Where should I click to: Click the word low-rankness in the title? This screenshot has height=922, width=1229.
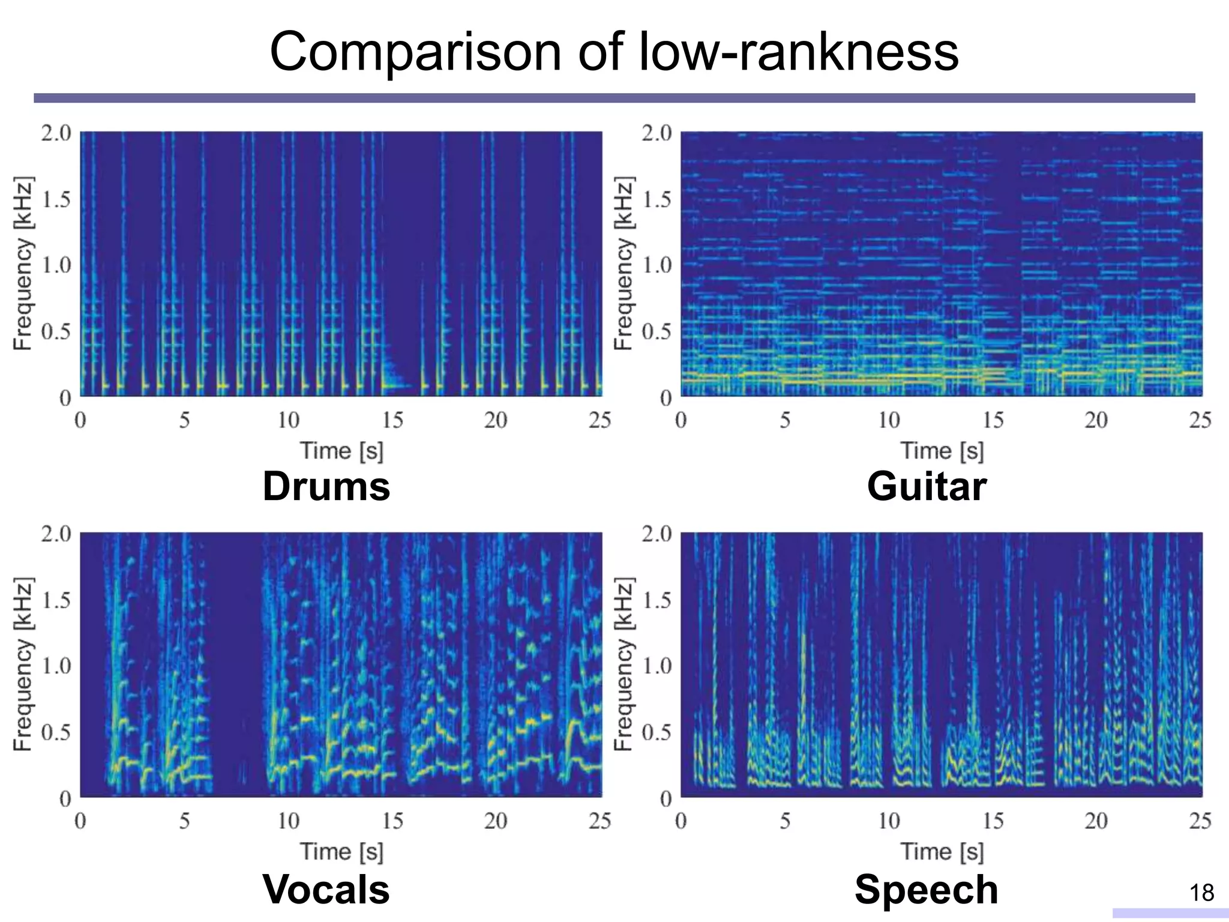pos(798,53)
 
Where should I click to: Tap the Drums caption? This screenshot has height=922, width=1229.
pos(326,486)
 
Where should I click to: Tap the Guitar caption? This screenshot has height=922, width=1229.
pos(927,486)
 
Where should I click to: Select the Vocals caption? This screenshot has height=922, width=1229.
pos(326,889)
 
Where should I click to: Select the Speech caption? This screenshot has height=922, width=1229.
pos(927,889)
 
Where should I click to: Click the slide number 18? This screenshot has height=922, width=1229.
pos(1201,893)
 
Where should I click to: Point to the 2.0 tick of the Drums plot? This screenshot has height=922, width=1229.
pos(56,133)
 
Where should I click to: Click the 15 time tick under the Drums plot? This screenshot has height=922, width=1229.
pos(392,420)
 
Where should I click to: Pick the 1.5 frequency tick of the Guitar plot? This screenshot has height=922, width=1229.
pos(657,199)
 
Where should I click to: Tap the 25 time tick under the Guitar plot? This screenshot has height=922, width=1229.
pos(1200,420)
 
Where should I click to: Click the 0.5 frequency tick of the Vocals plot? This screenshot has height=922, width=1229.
pos(56,732)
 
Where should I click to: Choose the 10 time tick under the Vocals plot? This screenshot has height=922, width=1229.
pos(288,821)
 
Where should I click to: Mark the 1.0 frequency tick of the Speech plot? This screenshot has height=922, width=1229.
pos(657,666)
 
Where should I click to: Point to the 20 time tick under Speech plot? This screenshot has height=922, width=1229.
pos(1096,821)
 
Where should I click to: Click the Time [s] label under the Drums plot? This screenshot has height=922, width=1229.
pos(341,451)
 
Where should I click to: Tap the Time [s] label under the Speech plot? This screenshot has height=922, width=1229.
pos(942,852)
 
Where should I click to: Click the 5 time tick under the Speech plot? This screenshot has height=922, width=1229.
pos(785,821)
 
